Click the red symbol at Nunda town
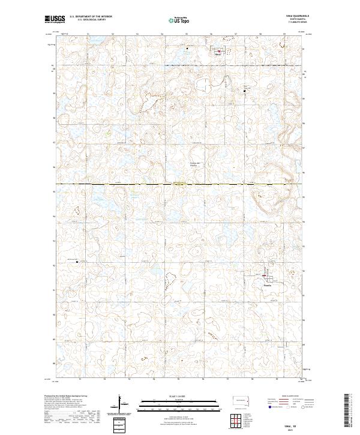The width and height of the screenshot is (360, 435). pos(265,276)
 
